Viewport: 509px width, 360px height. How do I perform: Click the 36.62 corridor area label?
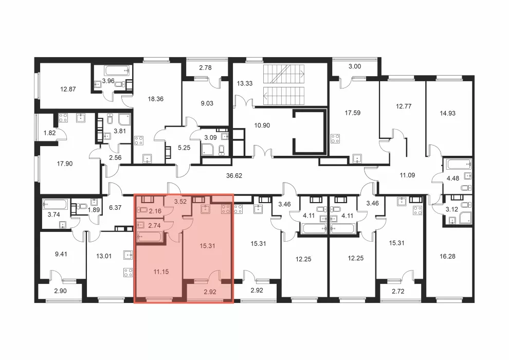pos(234,175)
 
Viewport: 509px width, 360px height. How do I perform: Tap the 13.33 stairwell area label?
pos(244,83)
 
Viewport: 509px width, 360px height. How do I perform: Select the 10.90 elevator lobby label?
pos(262,125)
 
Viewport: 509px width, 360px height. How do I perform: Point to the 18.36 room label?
pos(155,99)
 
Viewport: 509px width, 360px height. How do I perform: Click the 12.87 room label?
pos(68,89)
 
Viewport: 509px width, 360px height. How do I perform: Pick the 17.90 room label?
pos(65,164)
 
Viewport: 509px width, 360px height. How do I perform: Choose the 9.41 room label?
pos(61,254)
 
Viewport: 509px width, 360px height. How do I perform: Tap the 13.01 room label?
pos(103,256)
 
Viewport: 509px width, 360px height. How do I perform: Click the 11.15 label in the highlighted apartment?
pos(161,272)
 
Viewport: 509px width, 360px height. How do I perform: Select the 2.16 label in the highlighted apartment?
pos(155,211)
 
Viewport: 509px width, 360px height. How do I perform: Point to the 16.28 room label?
pos(447,257)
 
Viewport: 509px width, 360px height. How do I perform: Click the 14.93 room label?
pos(447,113)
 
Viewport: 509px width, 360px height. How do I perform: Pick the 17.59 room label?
pos(353,113)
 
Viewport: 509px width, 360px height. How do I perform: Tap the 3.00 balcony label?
pos(355,66)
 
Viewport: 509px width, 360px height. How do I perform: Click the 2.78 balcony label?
pos(205,67)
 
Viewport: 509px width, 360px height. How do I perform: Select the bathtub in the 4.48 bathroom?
pos(459,164)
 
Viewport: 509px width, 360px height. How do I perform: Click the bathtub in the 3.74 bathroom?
pos(55,205)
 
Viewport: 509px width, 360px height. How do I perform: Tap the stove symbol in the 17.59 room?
pos(335,139)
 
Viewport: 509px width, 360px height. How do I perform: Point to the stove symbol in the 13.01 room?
pos(128,273)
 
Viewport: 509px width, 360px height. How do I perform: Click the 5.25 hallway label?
pos(184,148)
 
